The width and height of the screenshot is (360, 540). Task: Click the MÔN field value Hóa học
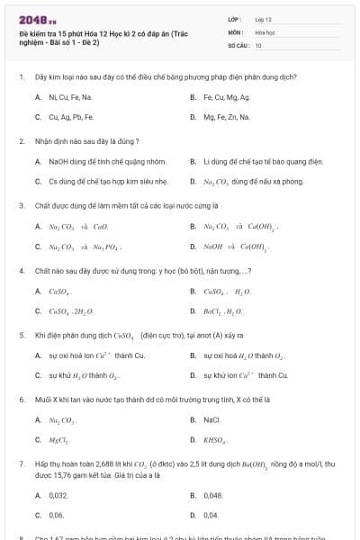pos(265,31)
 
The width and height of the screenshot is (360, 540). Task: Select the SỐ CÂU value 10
pos(258,44)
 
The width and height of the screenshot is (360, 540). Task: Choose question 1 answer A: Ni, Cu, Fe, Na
pos(70,97)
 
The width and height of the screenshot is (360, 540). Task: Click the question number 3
pos(21,205)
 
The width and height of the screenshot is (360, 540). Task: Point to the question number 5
pos(21,335)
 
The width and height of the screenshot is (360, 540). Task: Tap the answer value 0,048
pos(212,495)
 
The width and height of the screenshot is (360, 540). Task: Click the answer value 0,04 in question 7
pos(211,515)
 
